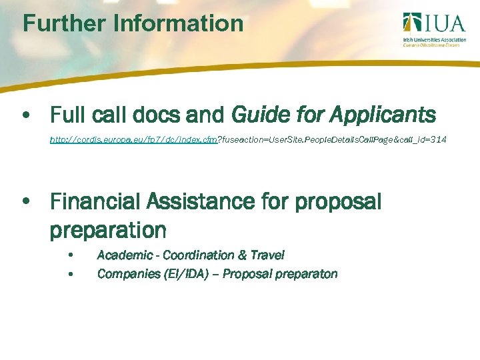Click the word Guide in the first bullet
point(259,115)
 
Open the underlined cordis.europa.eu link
point(133,140)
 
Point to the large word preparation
point(108,231)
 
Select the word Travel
point(267,255)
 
